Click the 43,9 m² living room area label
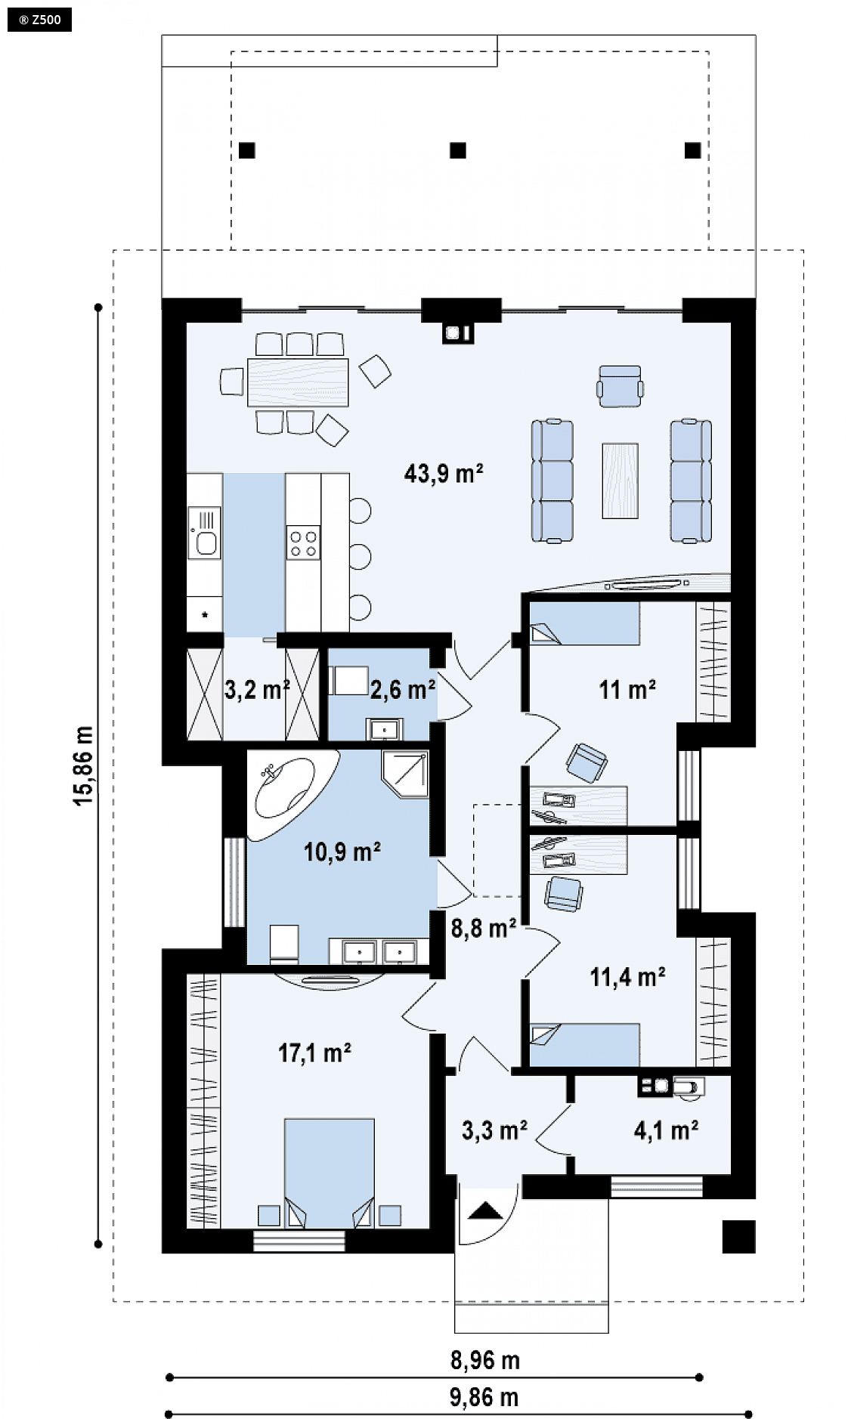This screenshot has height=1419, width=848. click(444, 473)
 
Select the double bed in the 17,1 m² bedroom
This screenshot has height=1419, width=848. click(330, 1172)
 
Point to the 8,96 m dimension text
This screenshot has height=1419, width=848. click(485, 1360)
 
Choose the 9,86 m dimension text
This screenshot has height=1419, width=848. click(484, 1397)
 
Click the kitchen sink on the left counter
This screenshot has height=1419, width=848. click(205, 532)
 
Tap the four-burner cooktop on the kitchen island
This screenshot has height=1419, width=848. click(303, 543)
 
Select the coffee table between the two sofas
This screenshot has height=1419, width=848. click(620, 481)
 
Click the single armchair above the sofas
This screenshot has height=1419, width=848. click(621, 386)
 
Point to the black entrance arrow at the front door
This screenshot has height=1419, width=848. click(486, 1211)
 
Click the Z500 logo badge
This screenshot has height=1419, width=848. click(39, 20)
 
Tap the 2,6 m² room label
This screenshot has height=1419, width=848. click(402, 689)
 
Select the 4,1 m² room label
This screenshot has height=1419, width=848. click(666, 1130)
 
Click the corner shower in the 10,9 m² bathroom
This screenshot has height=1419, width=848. click(406, 774)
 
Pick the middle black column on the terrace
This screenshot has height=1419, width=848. click(458, 150)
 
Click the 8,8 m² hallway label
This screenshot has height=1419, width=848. click(484, 928)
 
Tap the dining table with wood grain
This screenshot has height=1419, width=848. click(298, 382)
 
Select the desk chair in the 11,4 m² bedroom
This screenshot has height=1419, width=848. click(564, 893)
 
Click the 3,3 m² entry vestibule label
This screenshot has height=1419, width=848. click(494, 1130)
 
